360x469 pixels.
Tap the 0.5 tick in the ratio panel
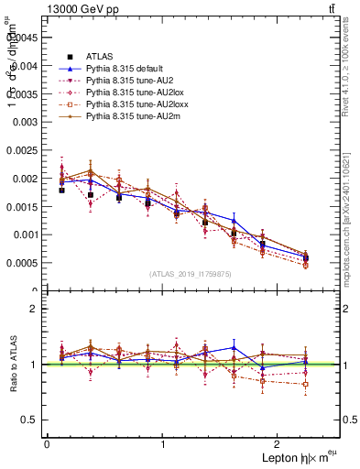31,420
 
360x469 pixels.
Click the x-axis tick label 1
163,444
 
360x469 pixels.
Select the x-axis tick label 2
280,444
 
